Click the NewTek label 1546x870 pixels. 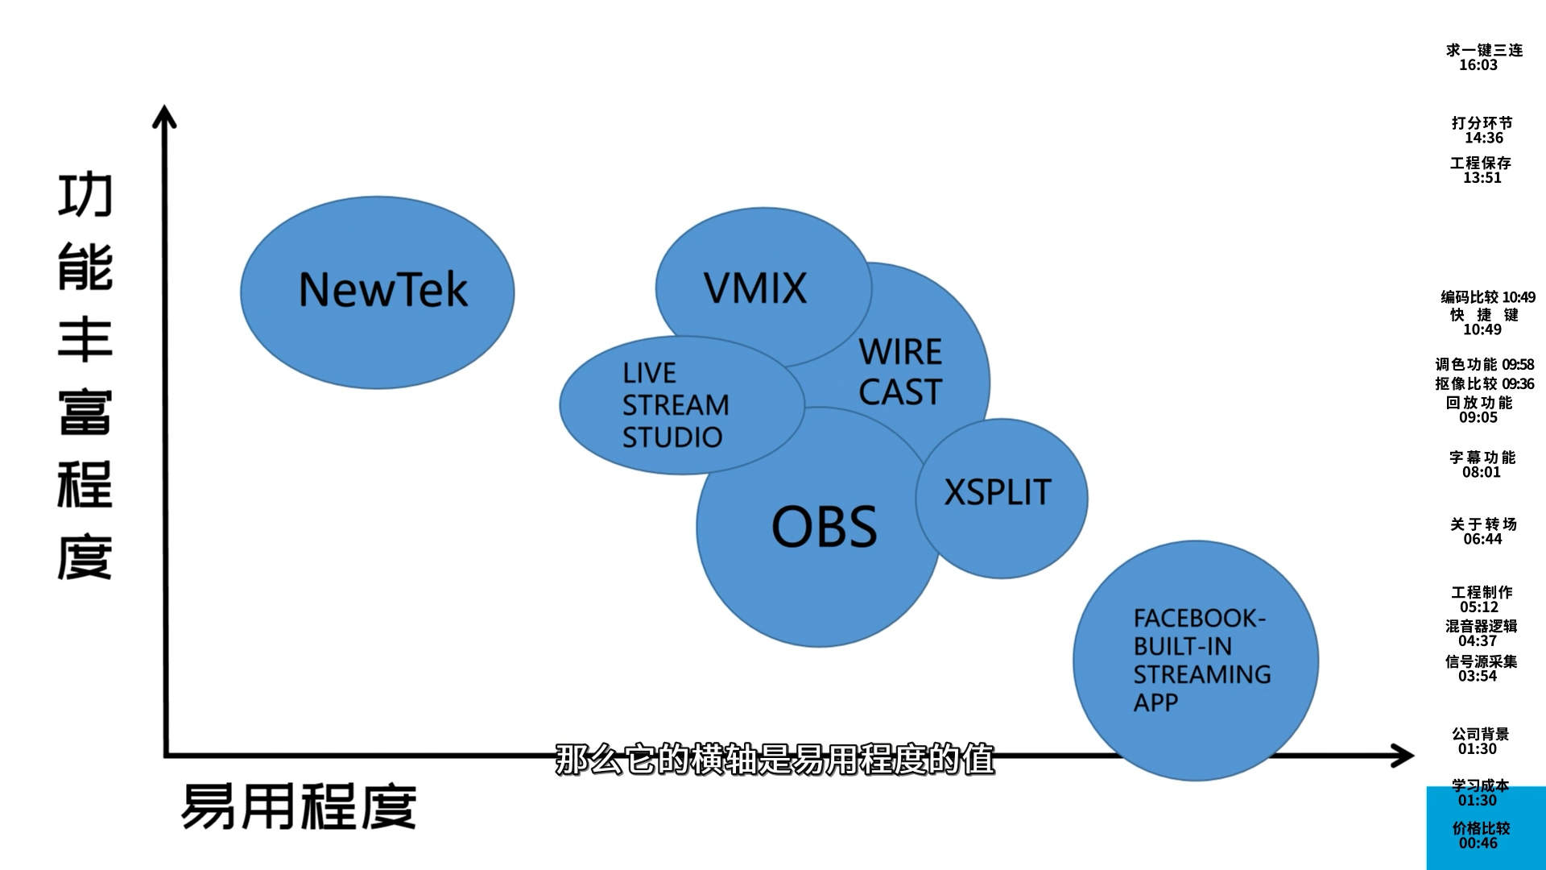coord(382,290)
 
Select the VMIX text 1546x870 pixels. coord(754,288)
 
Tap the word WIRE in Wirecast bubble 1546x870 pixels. coord(900,352)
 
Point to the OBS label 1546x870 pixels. coord(824,527)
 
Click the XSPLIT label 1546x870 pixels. coord(997,492)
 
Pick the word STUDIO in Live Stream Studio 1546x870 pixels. coord(672,437)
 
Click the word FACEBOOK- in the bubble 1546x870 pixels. coord(1199,619)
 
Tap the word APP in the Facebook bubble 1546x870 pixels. coord(1155,702)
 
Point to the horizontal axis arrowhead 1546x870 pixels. coord(1404,756)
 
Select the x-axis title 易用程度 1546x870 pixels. coord(299,806)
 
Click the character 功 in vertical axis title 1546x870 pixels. coord(85,195)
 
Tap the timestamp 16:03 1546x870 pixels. coord(1478,65)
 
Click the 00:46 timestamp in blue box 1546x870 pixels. coord(1478,843)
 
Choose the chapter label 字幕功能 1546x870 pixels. coord(1482,457)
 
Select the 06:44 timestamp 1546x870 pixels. coord(1482,539)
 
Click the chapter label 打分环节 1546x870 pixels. coord(1482,122)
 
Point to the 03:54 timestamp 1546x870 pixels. coord(1478,676)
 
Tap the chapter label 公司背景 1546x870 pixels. coord(1480,734)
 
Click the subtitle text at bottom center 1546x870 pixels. coord(775,760)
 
